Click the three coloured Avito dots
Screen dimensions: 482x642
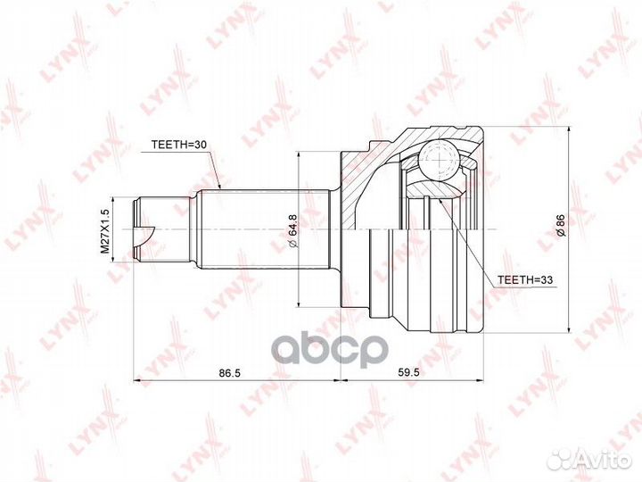coord(560,458)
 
